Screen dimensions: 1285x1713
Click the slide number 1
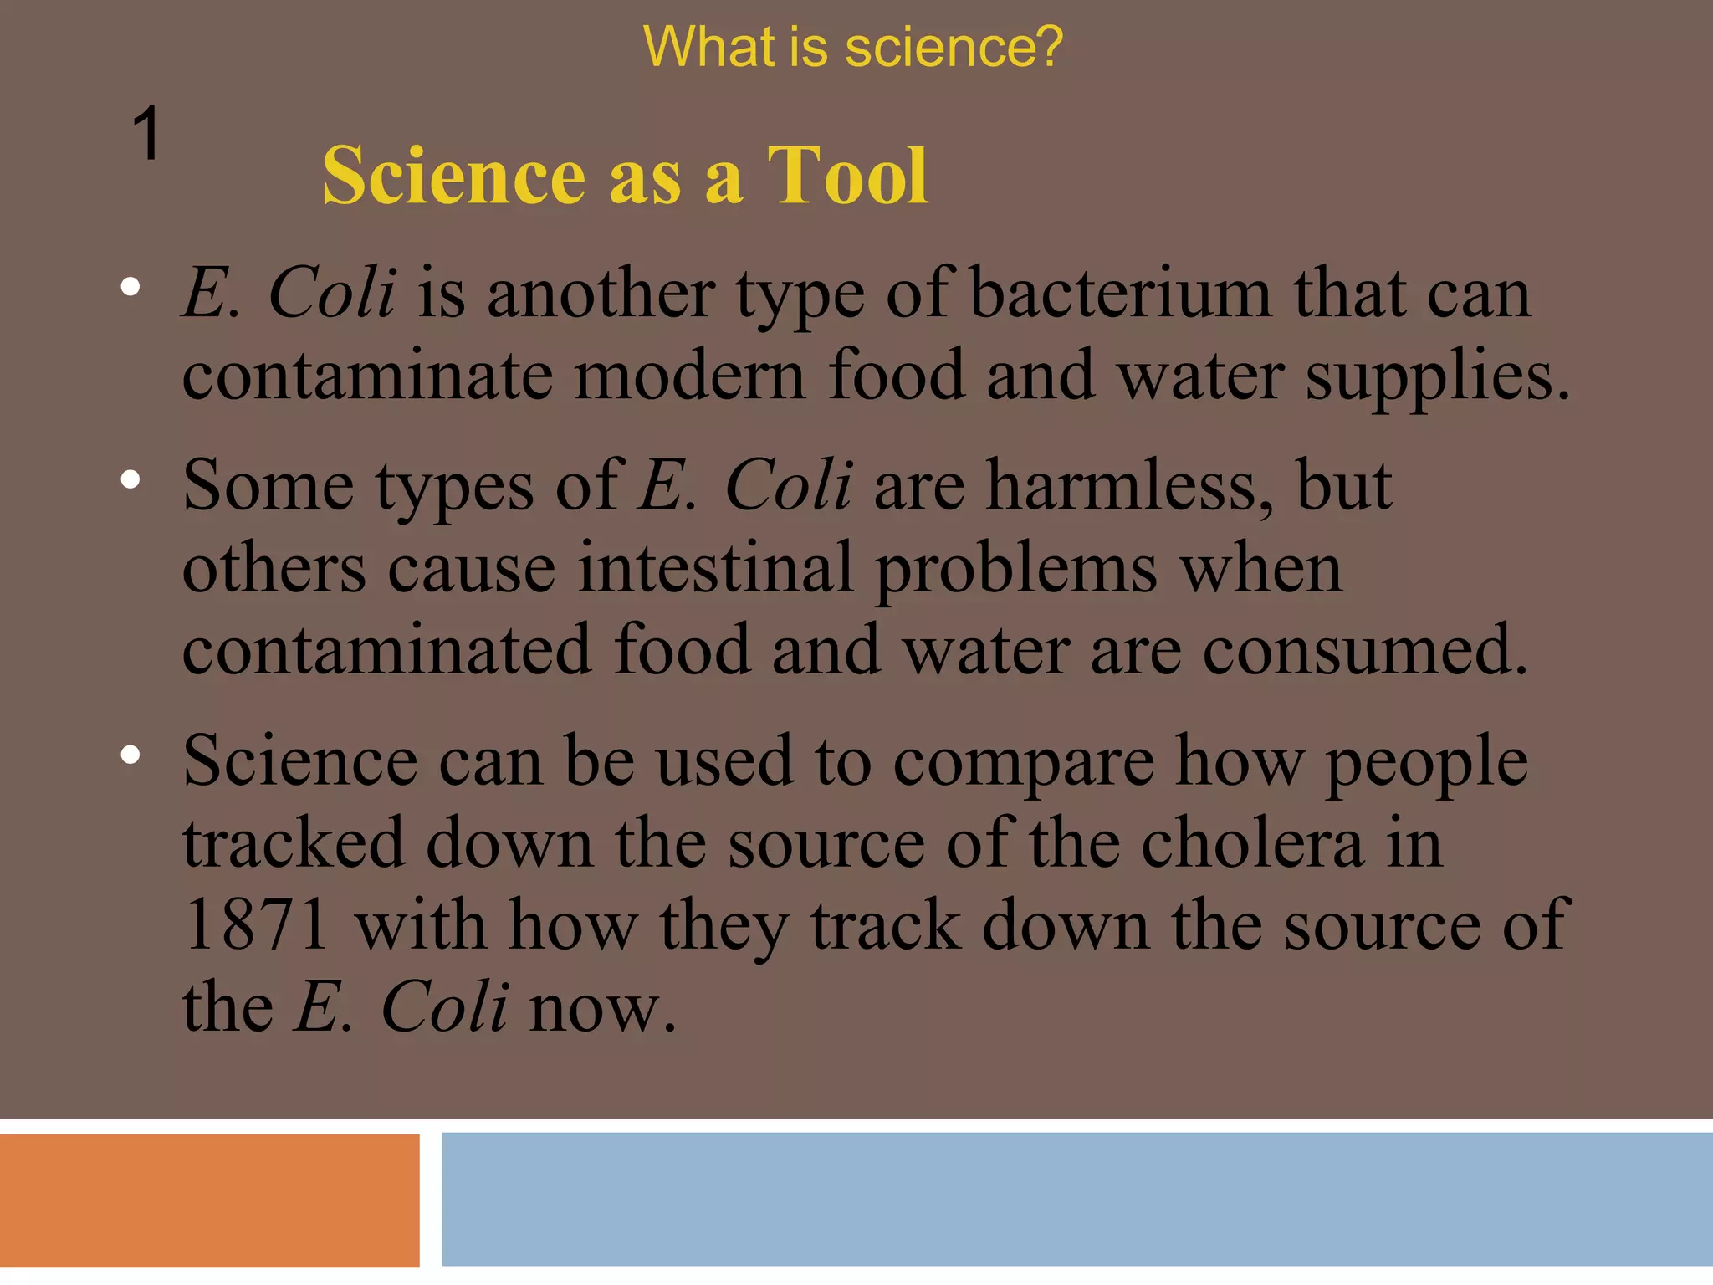pos(146,134)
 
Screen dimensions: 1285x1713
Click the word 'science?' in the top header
pos(954,47)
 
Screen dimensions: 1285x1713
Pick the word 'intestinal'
pos(715,567)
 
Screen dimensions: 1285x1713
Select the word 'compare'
pos(1023,763)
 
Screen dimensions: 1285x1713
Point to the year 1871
pos(255,925)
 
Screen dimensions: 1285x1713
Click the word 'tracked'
pos(294,842)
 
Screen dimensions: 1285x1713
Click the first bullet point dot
pos(130,288)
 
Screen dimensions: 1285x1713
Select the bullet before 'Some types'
pos(130,479)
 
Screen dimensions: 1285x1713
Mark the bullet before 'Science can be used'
pos(130,755)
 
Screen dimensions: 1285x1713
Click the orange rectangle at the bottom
pos(209,1200)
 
